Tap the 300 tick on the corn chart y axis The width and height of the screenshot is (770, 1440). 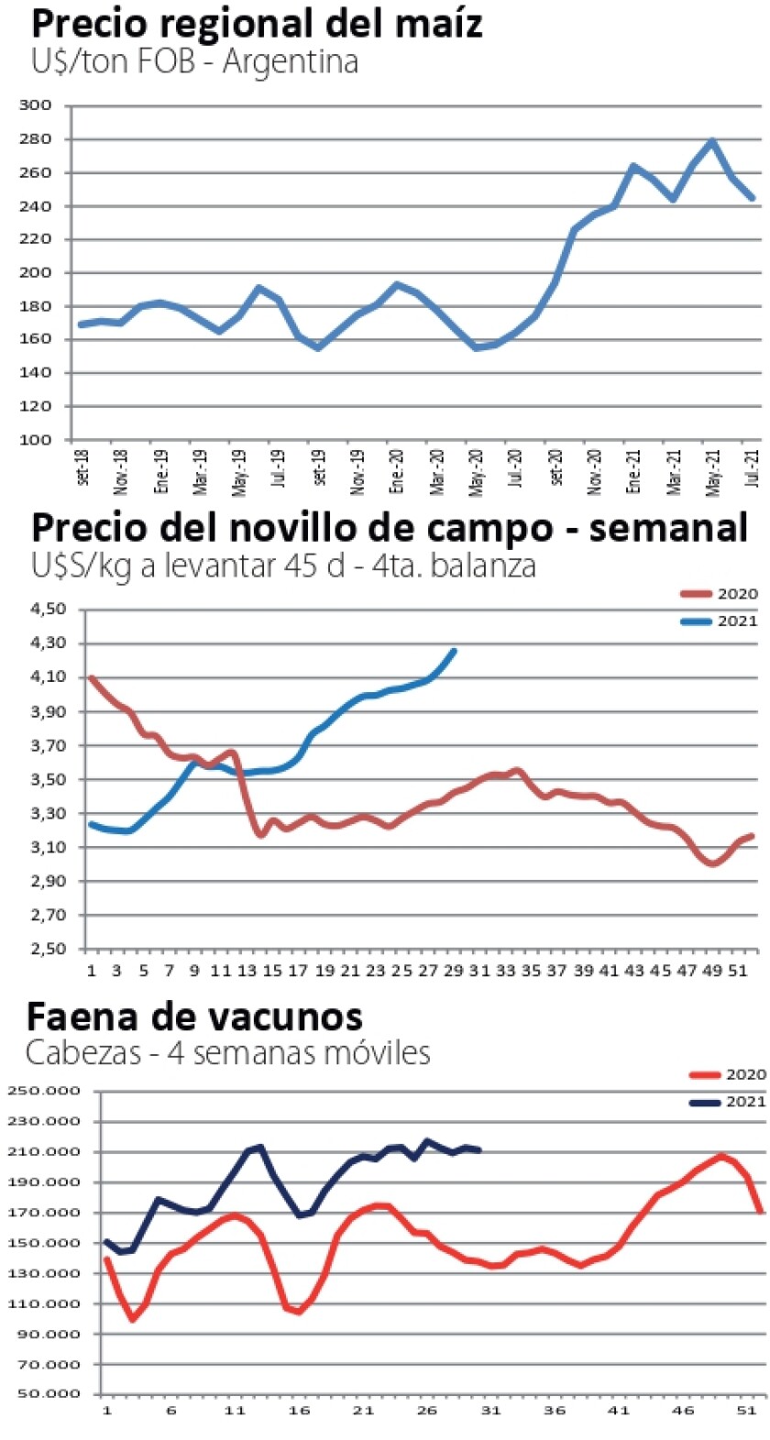coord(35,105)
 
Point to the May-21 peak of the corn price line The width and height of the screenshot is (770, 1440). coord(712,141)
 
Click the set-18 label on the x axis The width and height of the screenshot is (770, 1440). coord(82,468)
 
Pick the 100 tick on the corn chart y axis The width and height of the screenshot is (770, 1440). coord(35,440)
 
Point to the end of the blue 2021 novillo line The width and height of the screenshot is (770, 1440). coord(454,651)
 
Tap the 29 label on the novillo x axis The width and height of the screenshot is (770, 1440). coord(453,971)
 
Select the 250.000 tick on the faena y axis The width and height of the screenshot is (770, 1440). coord(43,1091)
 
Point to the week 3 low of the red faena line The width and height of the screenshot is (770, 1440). coord(133,1319)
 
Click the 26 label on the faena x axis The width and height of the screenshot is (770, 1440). coord(427,1410)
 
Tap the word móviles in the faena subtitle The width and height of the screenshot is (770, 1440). coord(374,1052)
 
